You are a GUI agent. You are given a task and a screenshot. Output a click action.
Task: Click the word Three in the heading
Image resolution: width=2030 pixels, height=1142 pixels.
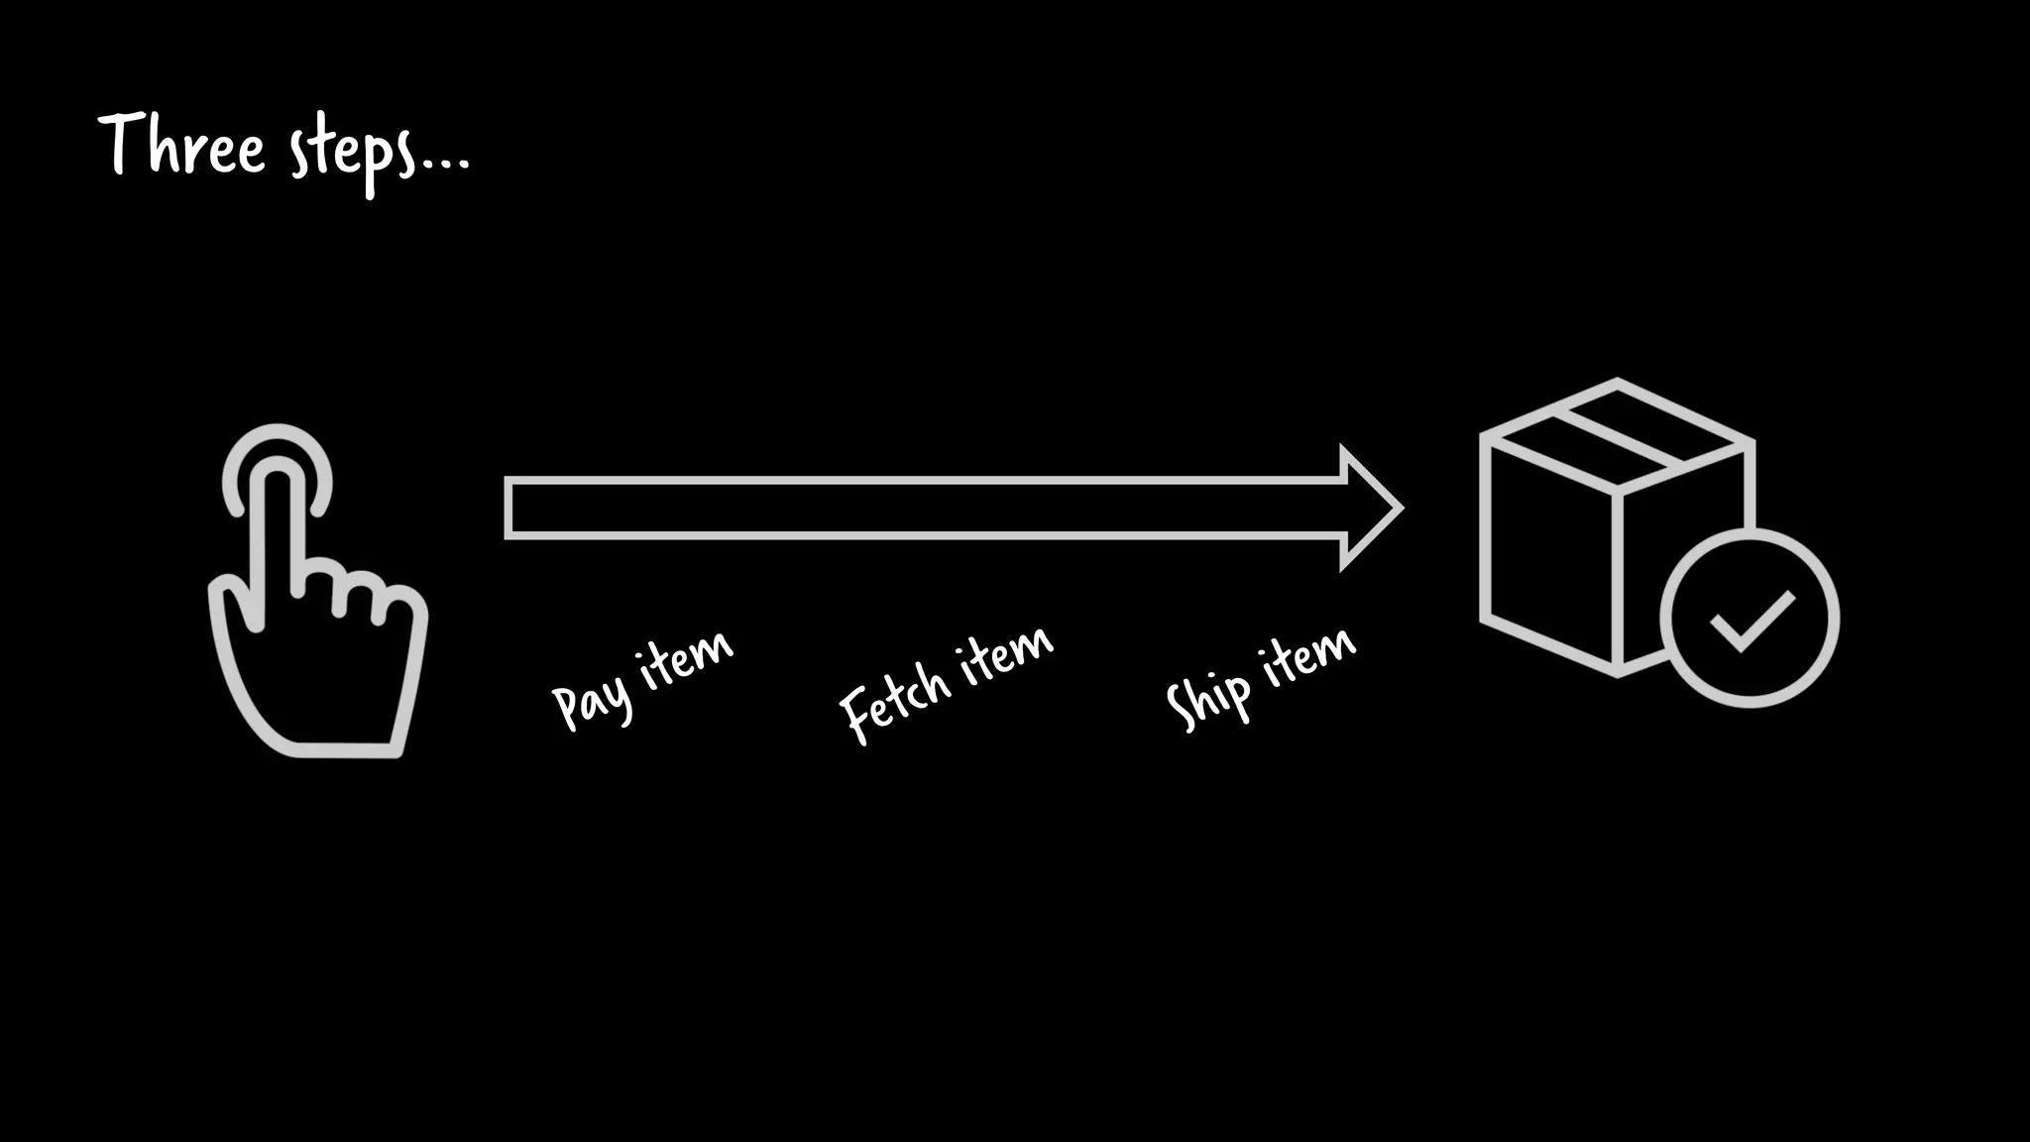(182, 147)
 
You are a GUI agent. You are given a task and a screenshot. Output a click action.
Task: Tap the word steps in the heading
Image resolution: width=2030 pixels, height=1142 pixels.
(352, 154)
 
